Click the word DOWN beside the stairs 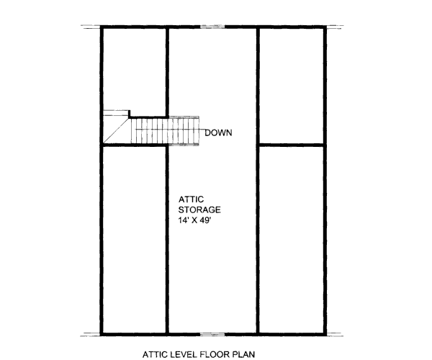tap(219, 132)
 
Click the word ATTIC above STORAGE tap(191, 199)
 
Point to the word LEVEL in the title tap(186, 354)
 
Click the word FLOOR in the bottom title tap(220, 354)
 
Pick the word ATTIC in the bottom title tap(156, 354)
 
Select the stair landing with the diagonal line tap(116, 130)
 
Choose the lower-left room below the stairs tap(135, 238)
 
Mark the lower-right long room tap(291, 238)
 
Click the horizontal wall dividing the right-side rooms tap(291, 145)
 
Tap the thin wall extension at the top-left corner tap(91, 28)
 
